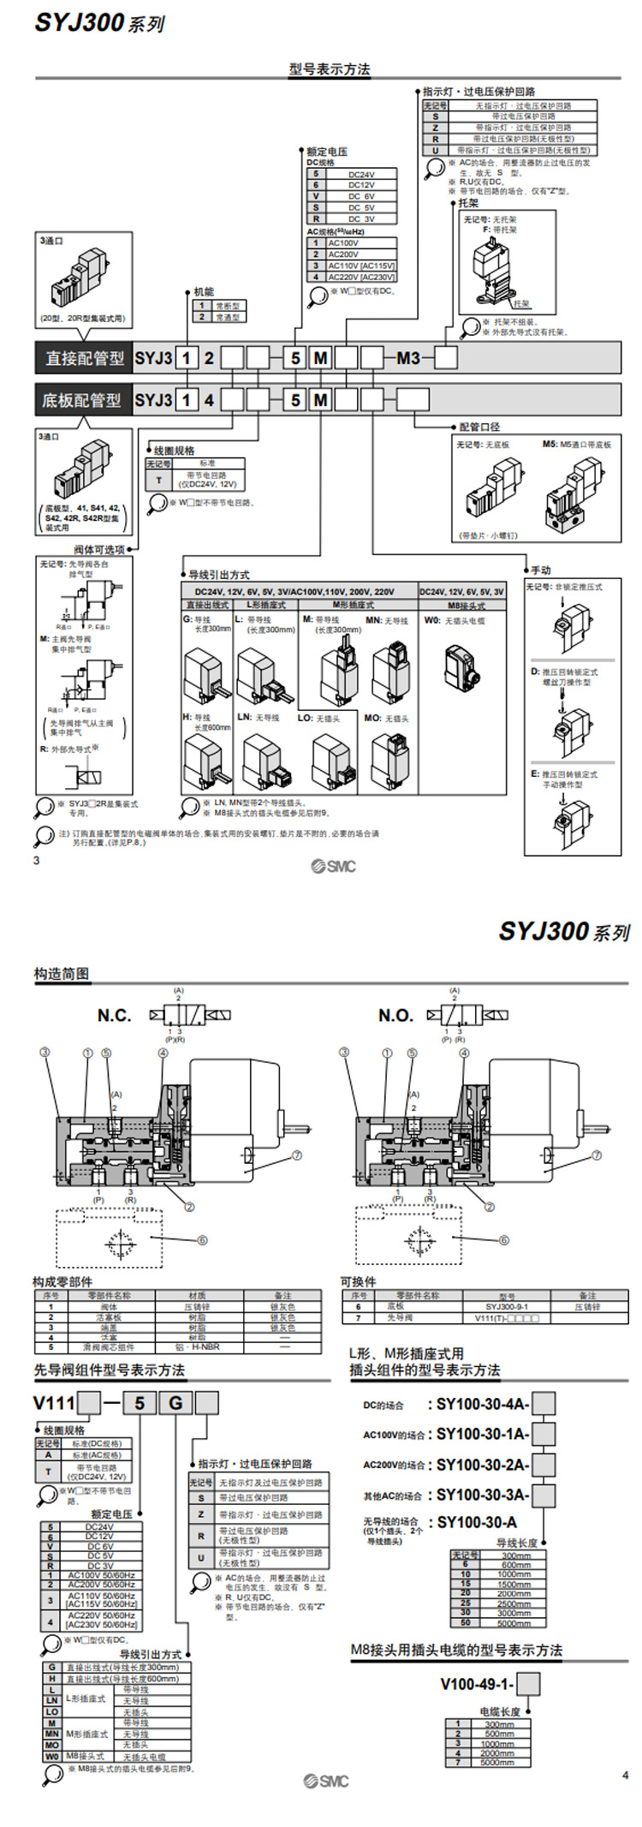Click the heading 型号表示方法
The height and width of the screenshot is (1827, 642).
tap(330, 69)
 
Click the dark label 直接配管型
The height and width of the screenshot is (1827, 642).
tap(84, 358)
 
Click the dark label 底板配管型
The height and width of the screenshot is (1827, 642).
tap(82, 400)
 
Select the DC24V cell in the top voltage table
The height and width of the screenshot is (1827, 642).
tap(360, 174)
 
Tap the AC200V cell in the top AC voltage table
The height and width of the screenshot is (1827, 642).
tap(343, 254)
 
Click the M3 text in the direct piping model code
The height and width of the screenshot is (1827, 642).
tap(408, 358)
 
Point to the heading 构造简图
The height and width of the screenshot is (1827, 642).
tap(62, 974)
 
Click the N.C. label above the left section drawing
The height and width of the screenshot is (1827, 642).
tap(114, 1016)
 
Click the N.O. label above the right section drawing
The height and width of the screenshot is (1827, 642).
tap(395, 1016)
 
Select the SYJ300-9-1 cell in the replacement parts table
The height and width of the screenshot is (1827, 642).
tap(507, 1307)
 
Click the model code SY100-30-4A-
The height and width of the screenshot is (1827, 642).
tap(483, 1405)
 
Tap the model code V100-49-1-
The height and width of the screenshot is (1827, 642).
tap(477, 1684)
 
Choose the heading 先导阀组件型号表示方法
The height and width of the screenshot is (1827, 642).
tap(109, 1370)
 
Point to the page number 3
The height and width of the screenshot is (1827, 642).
tap(36, 860)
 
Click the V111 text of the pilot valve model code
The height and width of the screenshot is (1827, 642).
tap(54, 1403)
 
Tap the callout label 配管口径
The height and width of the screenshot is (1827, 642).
tap(479, 426)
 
